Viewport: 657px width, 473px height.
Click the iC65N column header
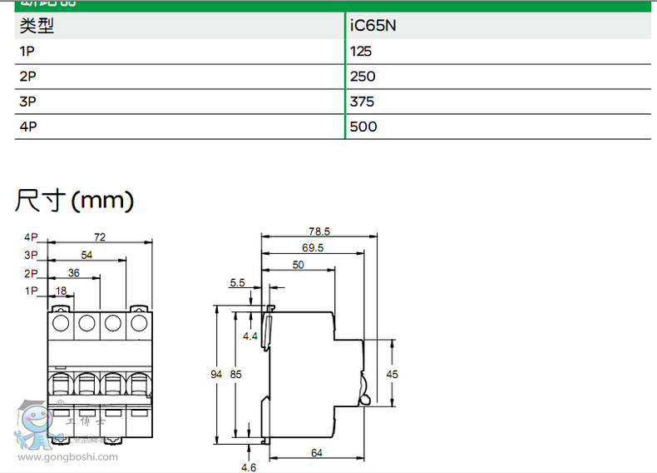373,26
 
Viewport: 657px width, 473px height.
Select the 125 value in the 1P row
361,52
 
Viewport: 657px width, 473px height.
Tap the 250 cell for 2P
363,77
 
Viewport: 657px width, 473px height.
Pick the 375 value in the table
363,102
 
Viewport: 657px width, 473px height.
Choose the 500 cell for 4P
363,127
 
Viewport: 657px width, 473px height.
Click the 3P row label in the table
27,102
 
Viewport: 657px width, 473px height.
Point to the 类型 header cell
36,26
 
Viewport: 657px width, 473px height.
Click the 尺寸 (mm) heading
74,200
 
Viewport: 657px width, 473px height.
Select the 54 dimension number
86,255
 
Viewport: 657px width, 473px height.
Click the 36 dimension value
73,273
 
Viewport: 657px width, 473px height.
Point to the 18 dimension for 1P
61,291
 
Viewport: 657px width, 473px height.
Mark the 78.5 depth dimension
319,231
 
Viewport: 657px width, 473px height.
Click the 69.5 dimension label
313,247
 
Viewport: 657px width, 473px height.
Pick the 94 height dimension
217,375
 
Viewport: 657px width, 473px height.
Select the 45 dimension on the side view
393,375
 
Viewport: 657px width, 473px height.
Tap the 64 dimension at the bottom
317,452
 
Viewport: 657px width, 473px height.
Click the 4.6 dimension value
249,467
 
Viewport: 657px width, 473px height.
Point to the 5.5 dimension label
237,283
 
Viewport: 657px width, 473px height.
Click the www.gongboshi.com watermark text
67,456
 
